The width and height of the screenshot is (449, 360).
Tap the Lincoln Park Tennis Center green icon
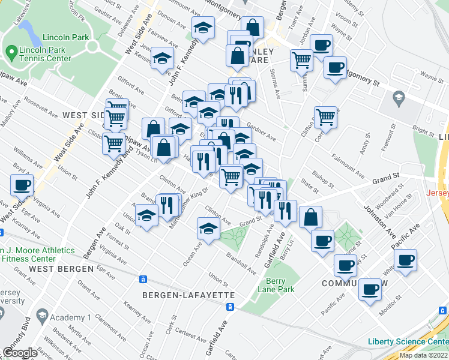[10, 53]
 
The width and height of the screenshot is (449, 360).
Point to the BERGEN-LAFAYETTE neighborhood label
[188, 295]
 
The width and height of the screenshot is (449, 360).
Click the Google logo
[20, 352]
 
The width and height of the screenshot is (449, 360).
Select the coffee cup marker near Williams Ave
[22, 185]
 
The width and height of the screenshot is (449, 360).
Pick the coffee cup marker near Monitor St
[369, 290]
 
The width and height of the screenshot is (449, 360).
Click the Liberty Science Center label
[408, 342]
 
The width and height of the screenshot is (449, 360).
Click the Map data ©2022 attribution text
[423, 355]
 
